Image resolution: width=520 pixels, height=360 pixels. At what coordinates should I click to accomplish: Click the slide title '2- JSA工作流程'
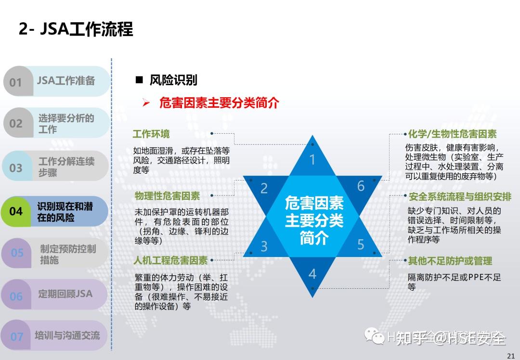pos(76,29)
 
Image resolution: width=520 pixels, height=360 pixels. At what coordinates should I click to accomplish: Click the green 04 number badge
pos(16,211)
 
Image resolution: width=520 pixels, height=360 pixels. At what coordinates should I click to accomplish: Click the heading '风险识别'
pos(173,80)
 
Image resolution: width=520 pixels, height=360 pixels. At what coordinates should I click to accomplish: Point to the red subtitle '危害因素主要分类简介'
pos(219,103)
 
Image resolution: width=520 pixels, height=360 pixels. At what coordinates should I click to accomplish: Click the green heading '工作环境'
pos(151,134)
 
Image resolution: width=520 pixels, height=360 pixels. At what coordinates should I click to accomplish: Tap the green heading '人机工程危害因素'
pos(171,260)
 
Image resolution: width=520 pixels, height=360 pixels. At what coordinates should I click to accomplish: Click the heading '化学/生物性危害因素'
pos(452,134)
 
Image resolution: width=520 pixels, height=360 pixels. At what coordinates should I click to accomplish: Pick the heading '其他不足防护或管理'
pos(450,261)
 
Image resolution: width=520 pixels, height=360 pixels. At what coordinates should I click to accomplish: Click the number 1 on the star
pos(312,159)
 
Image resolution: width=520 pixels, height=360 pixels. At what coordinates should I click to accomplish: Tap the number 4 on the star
pos(312,274)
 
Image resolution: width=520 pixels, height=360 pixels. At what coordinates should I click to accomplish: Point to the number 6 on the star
pos(361,186)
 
